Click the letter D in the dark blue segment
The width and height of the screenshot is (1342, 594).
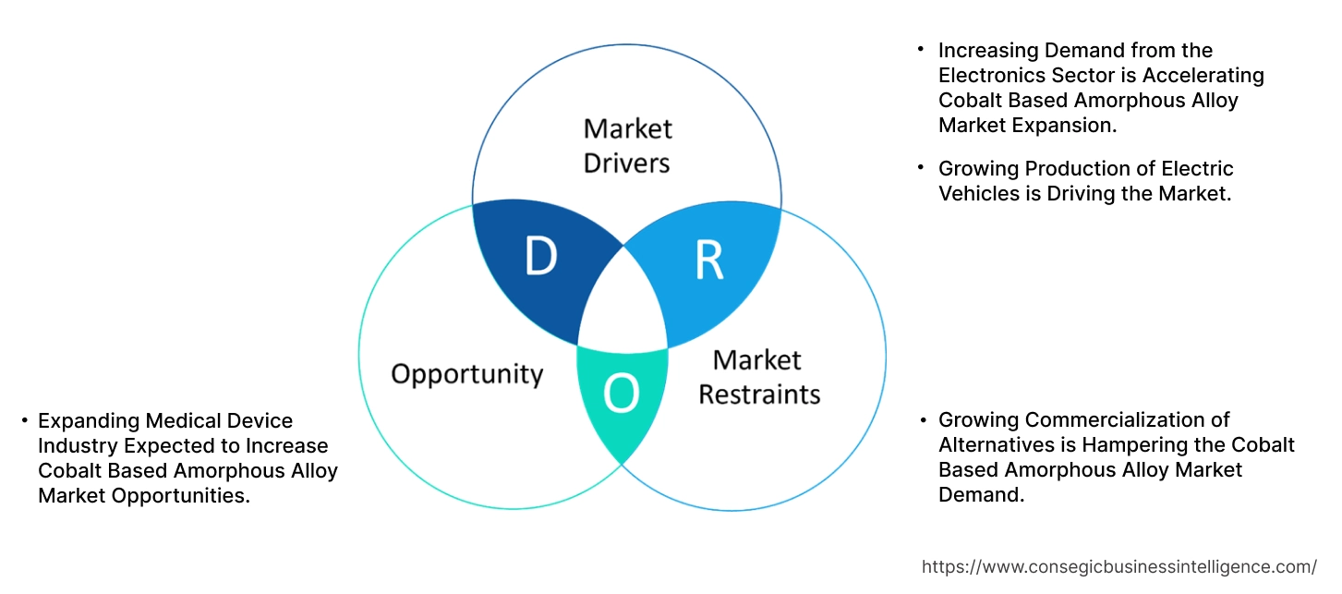click(540, 258)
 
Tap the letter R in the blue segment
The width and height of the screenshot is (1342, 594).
click(708, 262)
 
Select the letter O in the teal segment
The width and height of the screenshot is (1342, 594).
click(621, 395)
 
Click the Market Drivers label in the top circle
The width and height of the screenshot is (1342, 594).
click(628, 145)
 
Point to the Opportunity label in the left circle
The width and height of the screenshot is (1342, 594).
click(466, 374)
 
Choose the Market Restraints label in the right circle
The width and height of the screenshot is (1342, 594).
click(758, 377)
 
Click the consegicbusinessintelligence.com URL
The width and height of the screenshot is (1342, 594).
click(1119, 566)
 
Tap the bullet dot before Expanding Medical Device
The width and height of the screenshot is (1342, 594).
click(24, 421)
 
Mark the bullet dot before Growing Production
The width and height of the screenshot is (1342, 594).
click(921, 167)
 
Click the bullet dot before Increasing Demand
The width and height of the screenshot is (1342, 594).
click(921, 50)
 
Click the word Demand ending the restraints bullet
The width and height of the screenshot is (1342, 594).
click(980, 495)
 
